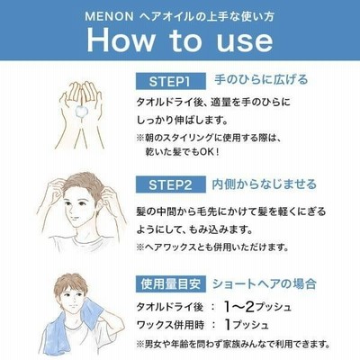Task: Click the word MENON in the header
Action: pyautogui.click(x=109, y=17)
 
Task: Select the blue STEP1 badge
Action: pyautogui.click(x=171, y=81)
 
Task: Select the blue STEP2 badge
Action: pyautogui.click(x=171, y=184)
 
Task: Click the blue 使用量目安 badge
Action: pyautogui.click(x=171, y=283)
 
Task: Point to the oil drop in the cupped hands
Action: pyautogui.click(x=81, y=112)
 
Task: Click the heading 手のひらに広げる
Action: pyautogui.click(x=261, y=80)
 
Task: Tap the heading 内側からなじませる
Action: pyautogui.click(x=265, y=184)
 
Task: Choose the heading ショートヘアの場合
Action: pyautogui.click(x=265, y=283)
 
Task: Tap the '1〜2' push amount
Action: pyautogui.click(x=239, y=306)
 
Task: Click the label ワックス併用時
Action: pyautogui.click(x=170, y=325)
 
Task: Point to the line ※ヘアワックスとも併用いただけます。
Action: pyautogui.click(x=212, y=247)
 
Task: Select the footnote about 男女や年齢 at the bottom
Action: pyautogui.click(x=233, y=344)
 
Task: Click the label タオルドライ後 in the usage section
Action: pyautogui.click(x=170, y=307)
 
